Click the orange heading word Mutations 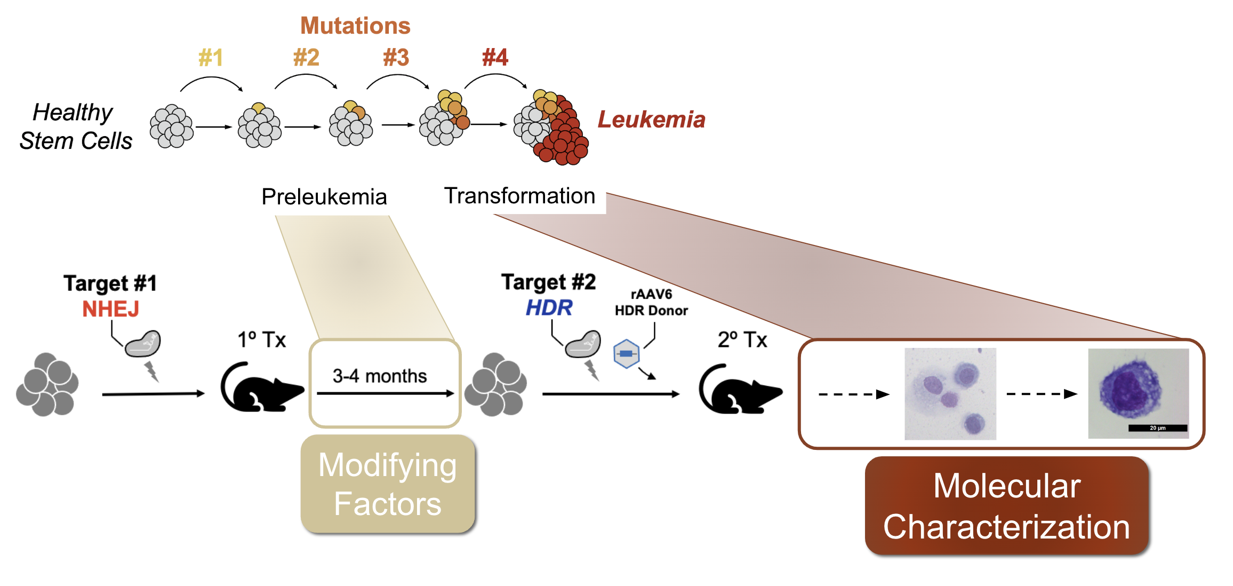click(x=355, y=26)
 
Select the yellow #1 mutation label click(x=211, y=58)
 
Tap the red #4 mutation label click(x=495, y=58)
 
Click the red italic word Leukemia click(x=651, y=120)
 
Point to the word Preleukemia click(x=324, y=197)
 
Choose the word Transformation click(x=519, y=196)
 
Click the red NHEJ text click(x=110, y=309)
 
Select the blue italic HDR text click(x=549, y=308)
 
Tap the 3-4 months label click(x=380, y=376)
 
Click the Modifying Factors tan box click(x=388, y=484)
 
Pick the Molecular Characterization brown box click(x=1006, y=506)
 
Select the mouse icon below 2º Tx click(x=739, y=390)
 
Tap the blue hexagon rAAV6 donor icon click(x=626, y=354)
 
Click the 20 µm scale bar click(x=1157, y=428)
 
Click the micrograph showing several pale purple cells click(x=950, y=394)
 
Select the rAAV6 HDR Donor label click(x=651, y=303)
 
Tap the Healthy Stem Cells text click(x=75, y=127)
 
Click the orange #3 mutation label click(x=396, y=58)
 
